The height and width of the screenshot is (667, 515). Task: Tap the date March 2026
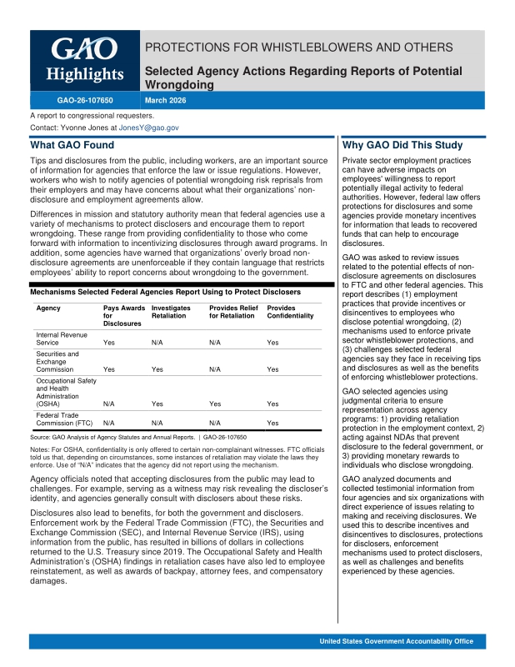pos(166,101)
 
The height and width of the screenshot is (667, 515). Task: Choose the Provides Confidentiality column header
pos(290,312)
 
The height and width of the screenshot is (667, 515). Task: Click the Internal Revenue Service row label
pos(59,338)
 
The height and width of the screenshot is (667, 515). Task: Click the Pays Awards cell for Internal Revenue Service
pos(109,343)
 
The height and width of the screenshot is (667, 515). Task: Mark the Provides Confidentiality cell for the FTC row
pos(272,424)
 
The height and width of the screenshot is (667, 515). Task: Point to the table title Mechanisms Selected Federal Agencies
pos(165,293)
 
